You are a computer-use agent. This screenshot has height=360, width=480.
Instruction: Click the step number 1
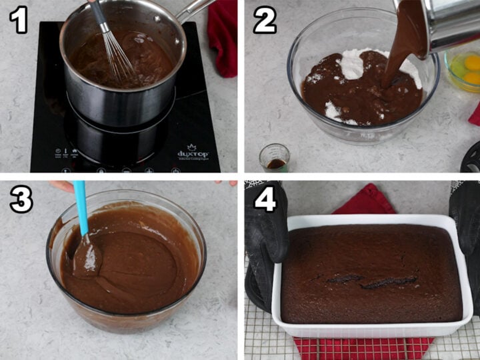(18, 20)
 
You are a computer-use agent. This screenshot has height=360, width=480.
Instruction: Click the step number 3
(21, 199)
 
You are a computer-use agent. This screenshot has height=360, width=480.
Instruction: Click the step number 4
(265, 199)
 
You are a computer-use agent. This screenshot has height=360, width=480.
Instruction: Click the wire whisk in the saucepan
(116, 47)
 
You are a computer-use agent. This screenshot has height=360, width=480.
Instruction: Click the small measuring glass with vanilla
(275, 158)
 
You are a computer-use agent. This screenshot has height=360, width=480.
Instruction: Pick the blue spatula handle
(81, 207)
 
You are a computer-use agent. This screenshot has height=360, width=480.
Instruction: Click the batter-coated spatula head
(87, 257)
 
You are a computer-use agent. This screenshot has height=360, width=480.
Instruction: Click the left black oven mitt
(264, 247)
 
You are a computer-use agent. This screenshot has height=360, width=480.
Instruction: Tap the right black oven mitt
(467, 233)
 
